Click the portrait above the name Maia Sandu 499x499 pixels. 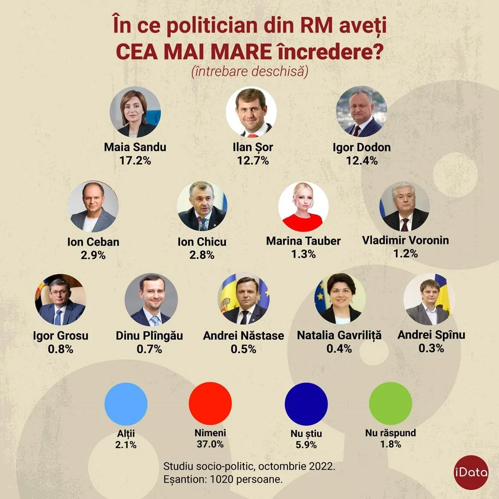click(x=135, y=112)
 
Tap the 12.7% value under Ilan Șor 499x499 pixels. click(x=253, y=160)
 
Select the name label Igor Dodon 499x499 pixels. click(x=362, y=148)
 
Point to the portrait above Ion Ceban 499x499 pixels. click(x=93, y=207)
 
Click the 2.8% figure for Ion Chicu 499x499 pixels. click(x=202, y=255)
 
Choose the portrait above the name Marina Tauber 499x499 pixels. click(x=303, y=207)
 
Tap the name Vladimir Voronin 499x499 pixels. click(x=405, y=240)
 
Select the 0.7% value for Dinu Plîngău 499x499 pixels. click(x=149, y=349)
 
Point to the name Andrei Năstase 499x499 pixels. click(x=244, y=335)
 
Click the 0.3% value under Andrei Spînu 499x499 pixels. click(x=431, y=348)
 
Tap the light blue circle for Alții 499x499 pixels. click(x=126, y=404)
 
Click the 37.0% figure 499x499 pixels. click(x=210, y=444)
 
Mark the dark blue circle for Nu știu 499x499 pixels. click(x=306, y=404)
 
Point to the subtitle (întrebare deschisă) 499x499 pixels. click(x=250, y=71)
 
